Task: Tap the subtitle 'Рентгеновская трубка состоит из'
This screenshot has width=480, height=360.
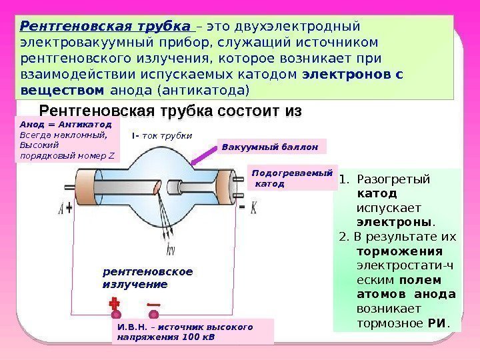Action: click(171, 110)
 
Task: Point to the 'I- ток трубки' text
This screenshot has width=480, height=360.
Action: click(162, 135)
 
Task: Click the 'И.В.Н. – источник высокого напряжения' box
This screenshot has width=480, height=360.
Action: click(193, 331)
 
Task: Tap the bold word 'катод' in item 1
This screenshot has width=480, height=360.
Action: click(377, 193)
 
